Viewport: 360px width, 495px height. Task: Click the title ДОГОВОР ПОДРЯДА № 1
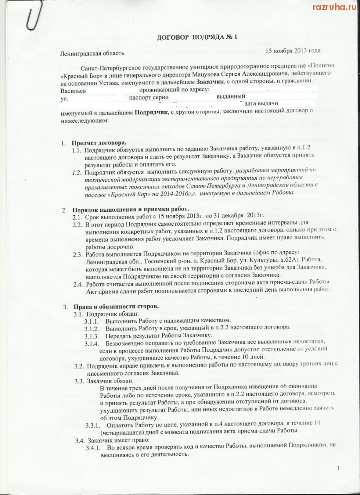pos(197,37)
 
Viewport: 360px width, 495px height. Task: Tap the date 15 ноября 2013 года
pos(293,51)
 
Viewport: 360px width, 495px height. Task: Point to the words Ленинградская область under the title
pos(92,53)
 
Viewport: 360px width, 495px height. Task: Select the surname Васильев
pos(73,91)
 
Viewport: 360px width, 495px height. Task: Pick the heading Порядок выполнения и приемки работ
pos(130,210)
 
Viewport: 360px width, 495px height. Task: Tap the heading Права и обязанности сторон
pos(116,307)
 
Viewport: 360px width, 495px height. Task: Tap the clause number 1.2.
pos(77,172)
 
